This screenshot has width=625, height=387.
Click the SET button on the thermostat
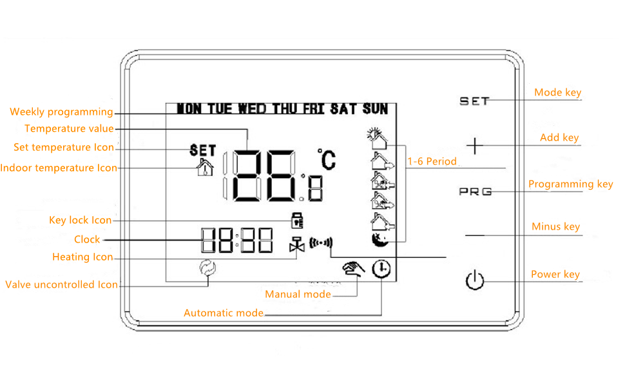(x=474, y=101)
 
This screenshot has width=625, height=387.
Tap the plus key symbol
(x=475, y=146)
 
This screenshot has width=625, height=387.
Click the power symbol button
(x=475, y=281)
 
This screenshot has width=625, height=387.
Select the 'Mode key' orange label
(x=557, y=93)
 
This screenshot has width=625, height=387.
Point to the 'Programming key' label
(x=570, y=184)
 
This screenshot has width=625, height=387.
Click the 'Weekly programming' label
(x=61, y=112)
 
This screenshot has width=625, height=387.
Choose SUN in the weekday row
(x=375, y=108)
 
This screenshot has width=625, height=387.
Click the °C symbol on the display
(x=327, y=159)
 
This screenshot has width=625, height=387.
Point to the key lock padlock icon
(x=297, y=220)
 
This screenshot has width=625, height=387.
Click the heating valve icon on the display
(x=297, y=246)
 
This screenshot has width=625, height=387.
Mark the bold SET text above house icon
(x=202, y=150)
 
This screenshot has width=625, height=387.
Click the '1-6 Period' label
(x=432, y=161)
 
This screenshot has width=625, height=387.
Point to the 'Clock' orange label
(x=87, y=239)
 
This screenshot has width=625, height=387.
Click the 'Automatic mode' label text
(x=224, y=313)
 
